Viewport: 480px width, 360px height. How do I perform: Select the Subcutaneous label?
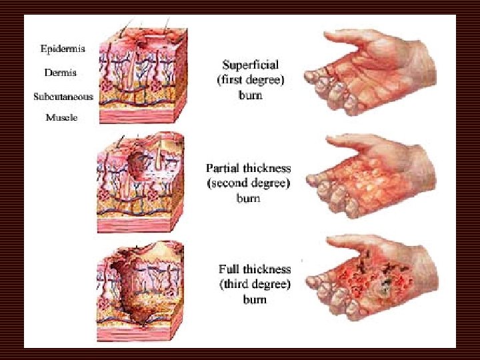click(64, 96)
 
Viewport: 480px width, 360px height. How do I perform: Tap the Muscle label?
click(61, 117)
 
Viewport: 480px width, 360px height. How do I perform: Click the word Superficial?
click(250, 65)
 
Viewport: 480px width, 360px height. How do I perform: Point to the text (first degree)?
click(250, 80)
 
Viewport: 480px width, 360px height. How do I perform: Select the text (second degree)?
click(248, 183)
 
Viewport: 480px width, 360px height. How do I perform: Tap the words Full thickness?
click(255, 269)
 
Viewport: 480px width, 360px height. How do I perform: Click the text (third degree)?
click(255, 284)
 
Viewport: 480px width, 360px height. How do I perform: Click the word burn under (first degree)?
click(250, 95)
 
